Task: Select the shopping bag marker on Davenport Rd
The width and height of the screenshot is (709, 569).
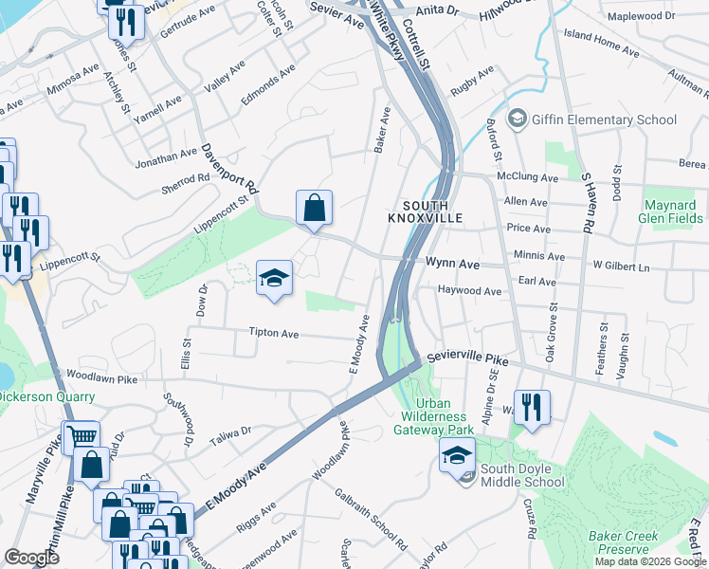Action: point(314,208)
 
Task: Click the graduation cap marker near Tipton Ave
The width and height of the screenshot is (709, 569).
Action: point(274,278)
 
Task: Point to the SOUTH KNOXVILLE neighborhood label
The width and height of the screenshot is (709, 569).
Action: point(425,211)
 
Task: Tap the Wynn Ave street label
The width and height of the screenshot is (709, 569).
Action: point(447,264)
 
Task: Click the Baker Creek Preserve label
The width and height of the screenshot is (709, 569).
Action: point(622,542)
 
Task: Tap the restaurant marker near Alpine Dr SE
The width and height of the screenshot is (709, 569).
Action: point(532,408)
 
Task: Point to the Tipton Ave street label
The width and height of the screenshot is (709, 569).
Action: point(274,334)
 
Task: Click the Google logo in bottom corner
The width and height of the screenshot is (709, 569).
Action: point(31,558)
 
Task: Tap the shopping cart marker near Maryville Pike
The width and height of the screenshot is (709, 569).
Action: point(82,437)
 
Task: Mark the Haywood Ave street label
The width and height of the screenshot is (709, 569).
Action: point(469,292)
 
